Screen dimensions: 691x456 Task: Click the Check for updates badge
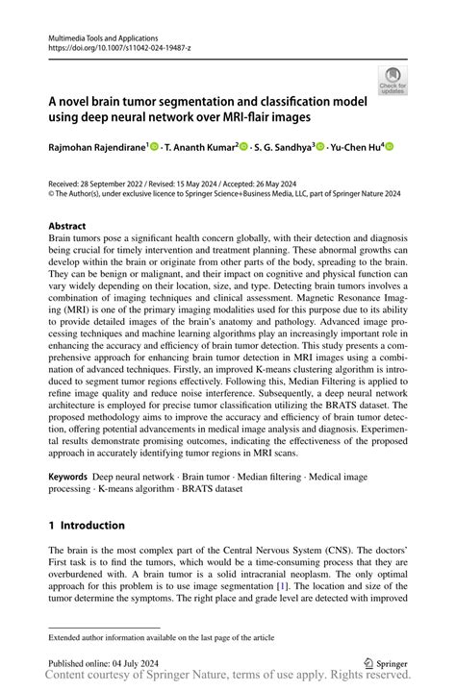click(x=392, y=80)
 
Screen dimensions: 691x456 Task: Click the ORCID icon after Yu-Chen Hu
click(x=390, y=147)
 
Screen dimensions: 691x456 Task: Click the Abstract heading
click(x=68, y=228)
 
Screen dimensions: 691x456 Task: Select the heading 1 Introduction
click(x=87, y=526)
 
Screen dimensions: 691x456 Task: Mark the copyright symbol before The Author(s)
click(x=52, y=192)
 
